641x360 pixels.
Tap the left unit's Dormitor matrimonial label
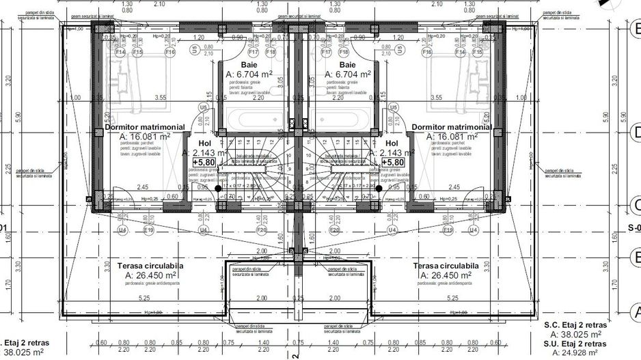[x=144, y=127]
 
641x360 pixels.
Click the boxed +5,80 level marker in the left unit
[x=205, y=163]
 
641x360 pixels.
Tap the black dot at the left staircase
[x=218, y=187]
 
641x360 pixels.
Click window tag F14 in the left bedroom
[x=120, y=52]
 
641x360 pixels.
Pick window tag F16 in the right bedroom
[x=428, y=52]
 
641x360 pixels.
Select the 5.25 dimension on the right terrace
[x=452, y=299]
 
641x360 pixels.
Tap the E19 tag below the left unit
[x=148, y=230]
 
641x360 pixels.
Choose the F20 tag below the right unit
[x=335, y=230]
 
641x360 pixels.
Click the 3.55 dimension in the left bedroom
[x=160, y=98]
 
